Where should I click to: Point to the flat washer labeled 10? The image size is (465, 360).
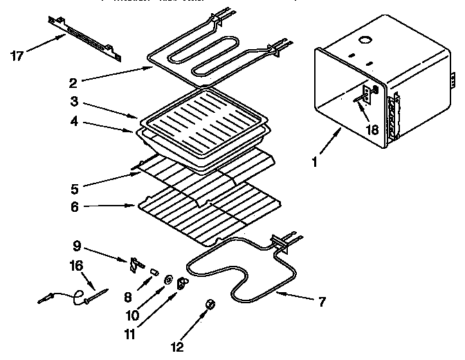[x=168, y=279]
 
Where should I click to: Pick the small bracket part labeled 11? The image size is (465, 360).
[x=183, y=282]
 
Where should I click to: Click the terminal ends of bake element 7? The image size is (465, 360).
[x=283, y=241]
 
